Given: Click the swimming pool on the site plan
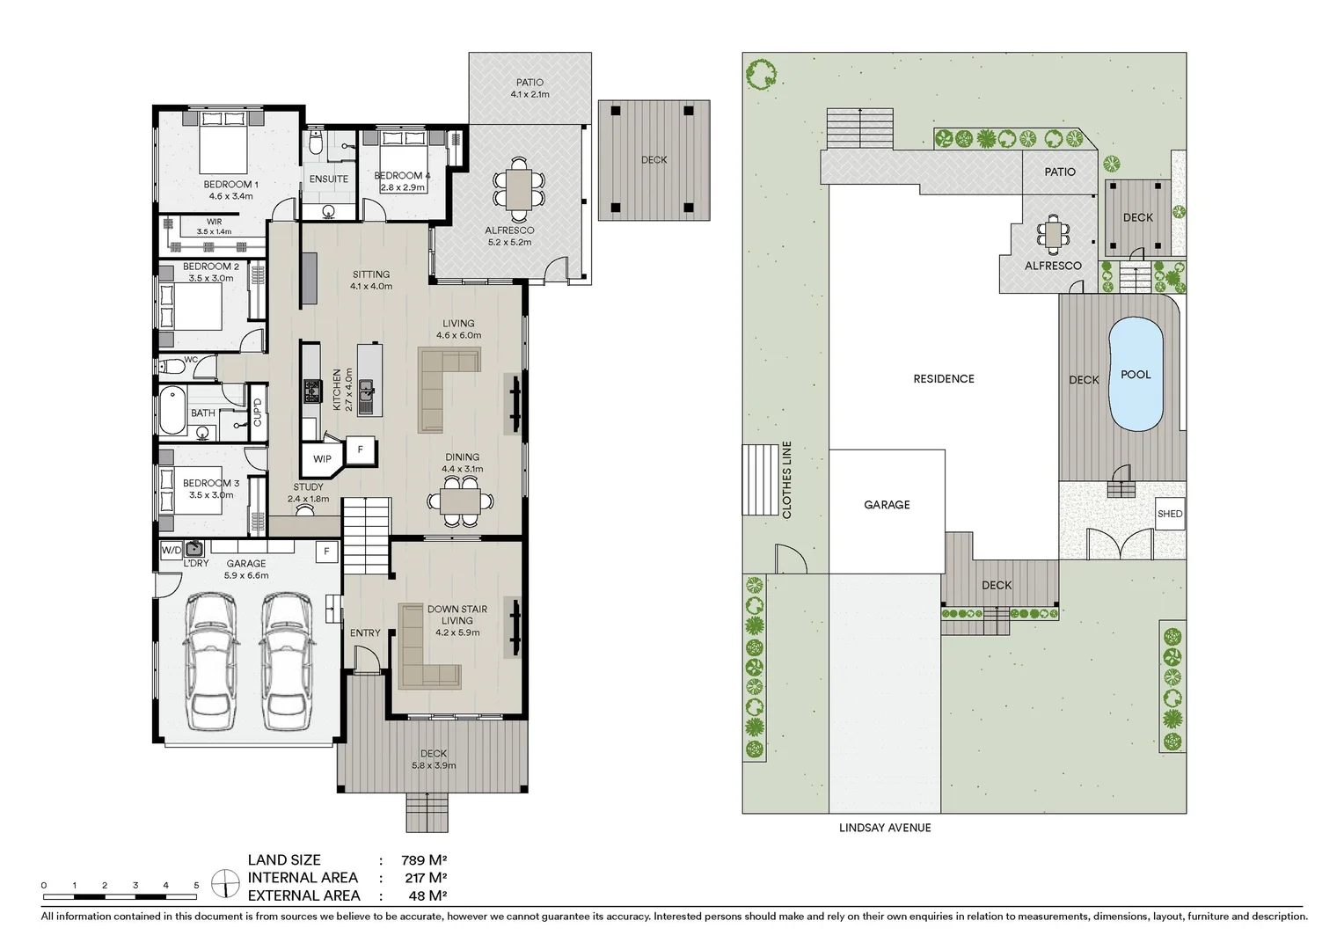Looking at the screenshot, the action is coord(1136,374).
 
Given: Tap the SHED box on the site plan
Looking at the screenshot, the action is coord(1170,514).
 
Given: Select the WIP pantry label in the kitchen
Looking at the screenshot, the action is coord(322,459).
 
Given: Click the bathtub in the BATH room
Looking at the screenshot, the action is coord(172,411).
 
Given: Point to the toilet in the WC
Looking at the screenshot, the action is coord(171,365).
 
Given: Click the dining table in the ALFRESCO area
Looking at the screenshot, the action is coord(519,189).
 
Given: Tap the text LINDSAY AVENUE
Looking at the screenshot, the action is coord(885,828).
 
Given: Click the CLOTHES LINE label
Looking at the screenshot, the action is coord(787,480).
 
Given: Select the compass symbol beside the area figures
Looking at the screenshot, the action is coord(225,884).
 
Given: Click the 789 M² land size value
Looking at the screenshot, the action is coord(424,860).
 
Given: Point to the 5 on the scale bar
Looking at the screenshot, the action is coord(196,885).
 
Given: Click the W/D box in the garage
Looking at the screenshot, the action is coord(171,550).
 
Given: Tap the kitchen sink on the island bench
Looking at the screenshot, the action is coord(366,398).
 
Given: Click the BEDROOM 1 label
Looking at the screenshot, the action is coord(231,184).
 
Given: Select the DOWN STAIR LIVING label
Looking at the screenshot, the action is coord(457,615).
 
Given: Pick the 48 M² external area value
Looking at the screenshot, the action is coord(426,896).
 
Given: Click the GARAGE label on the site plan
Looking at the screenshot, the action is coord(887,505).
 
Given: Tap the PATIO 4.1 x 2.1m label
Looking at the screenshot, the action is coord(530,88).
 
